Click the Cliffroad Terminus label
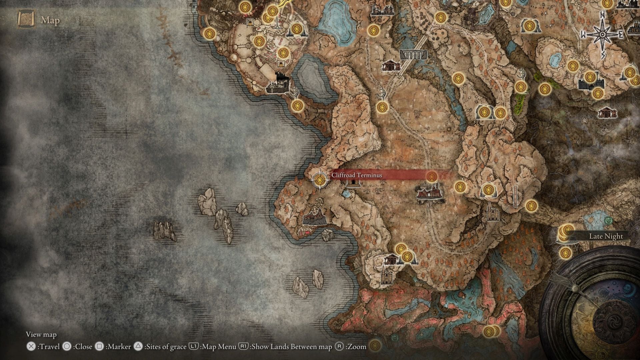[357, 175]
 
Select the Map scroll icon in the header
[27, 20]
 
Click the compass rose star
[603, 35]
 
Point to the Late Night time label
[606, 236]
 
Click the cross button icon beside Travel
[31, 347]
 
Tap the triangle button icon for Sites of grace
[138, 347]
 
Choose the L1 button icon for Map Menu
[194, 347]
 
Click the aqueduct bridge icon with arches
[413, 55]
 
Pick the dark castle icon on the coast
[278, 84]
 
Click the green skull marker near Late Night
[609, 220]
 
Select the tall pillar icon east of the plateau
[515, 196]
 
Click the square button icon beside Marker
[99, 347]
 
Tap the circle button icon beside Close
[67, 347]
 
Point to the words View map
[41, 334]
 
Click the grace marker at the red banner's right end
[432, 176]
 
